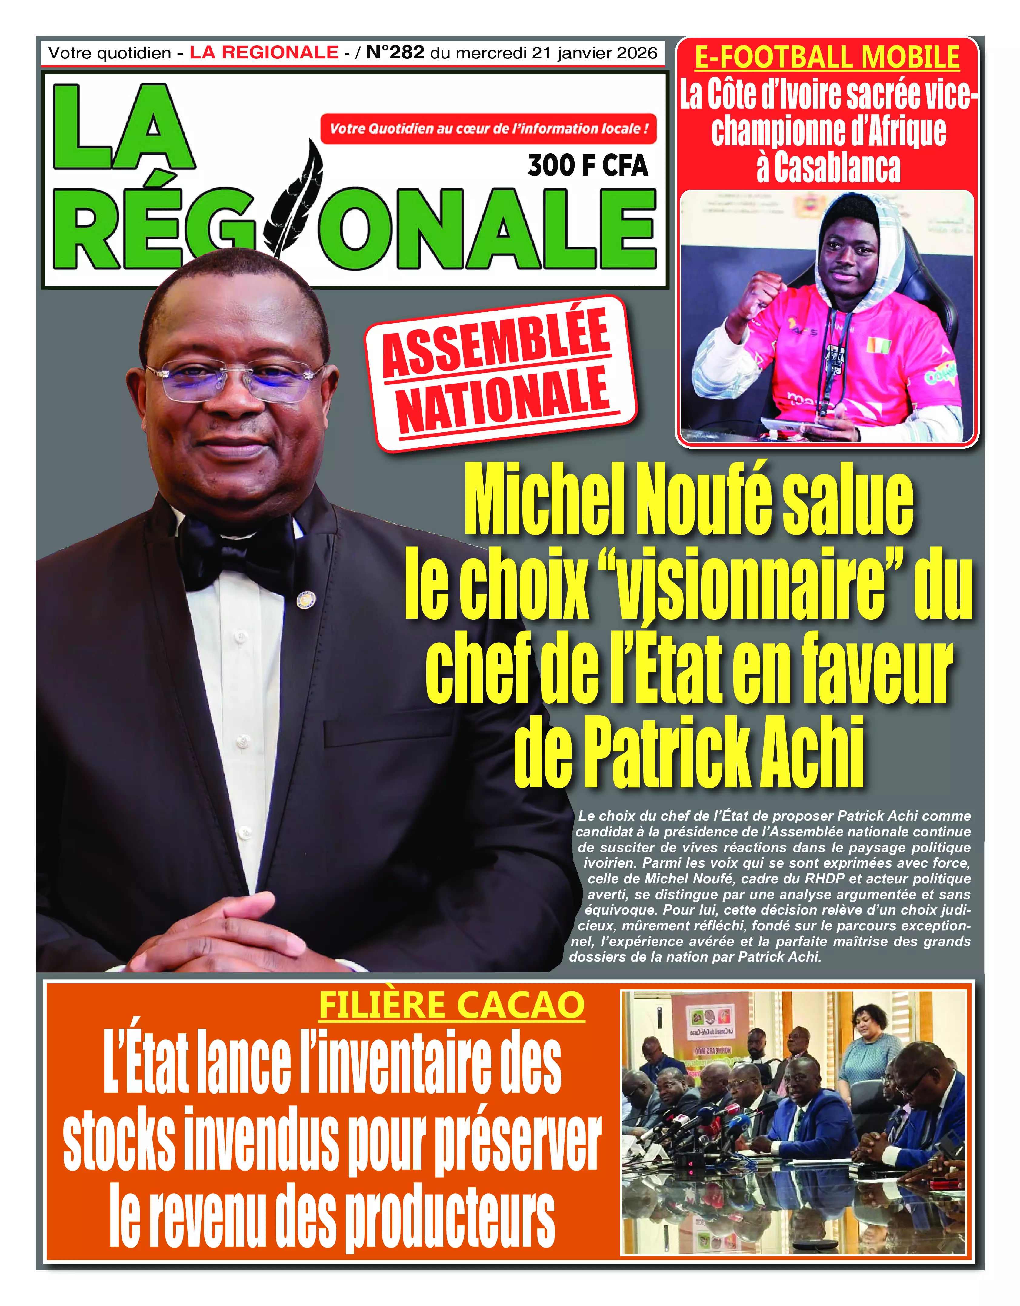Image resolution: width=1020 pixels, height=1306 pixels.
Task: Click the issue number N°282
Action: coord(395,53)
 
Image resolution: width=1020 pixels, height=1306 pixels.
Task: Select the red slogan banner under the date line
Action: coord(488,128)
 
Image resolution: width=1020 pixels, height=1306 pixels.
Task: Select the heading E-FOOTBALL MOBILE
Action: coord(827,58)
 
